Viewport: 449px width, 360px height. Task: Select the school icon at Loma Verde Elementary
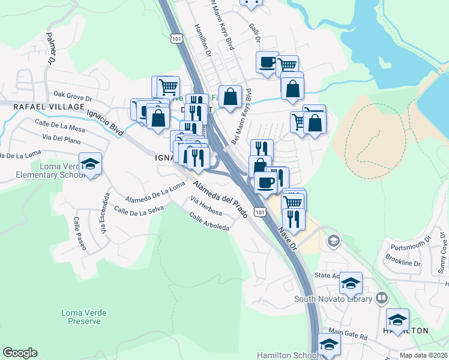point(90,165)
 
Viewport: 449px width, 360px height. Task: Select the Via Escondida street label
point(104,213)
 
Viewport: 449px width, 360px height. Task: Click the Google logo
point(20,353)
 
